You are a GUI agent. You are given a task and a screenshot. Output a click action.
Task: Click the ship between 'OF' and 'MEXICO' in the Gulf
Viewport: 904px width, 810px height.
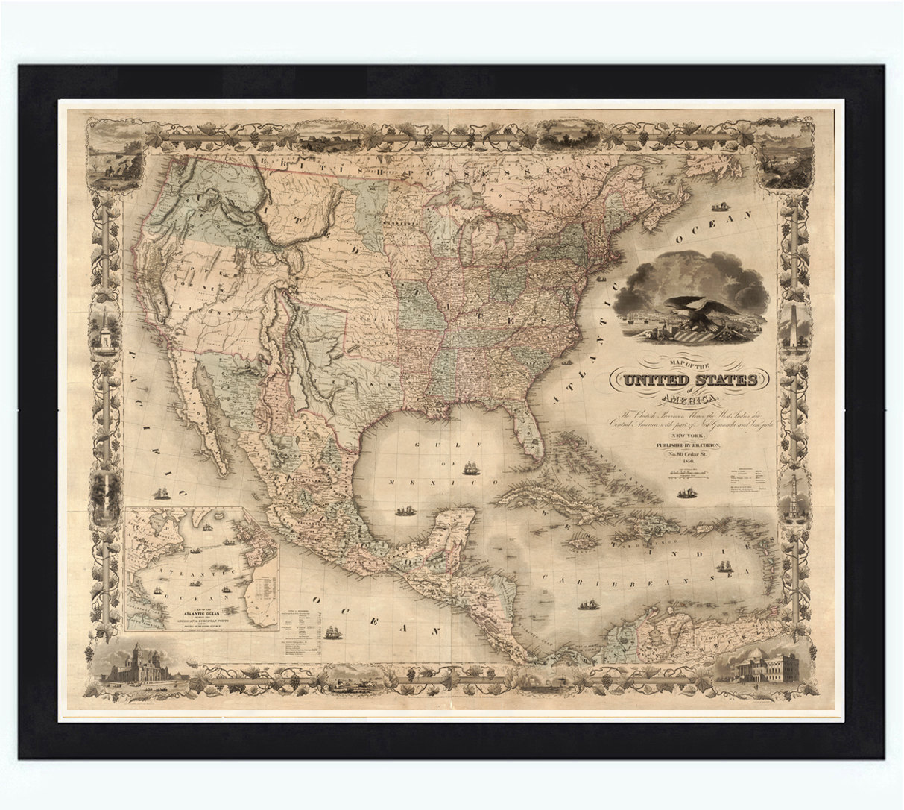pyautogui.click(x=471, y=471)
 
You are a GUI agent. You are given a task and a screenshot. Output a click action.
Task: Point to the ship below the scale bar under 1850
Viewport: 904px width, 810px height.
pyautogui.click(x=683, y=492)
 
